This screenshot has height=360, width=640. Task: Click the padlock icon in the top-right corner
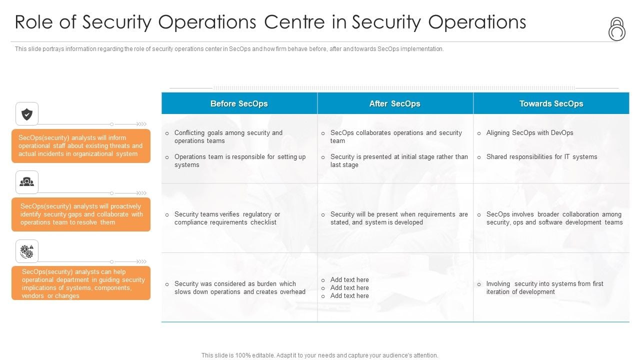coord(616,29)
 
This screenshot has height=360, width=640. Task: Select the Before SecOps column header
coord(239,103)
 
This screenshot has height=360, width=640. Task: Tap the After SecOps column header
coord(394,103)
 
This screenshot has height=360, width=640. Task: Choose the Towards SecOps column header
coord(551,103)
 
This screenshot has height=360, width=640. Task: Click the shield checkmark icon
coord(27,114)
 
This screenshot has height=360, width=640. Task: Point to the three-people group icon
coord(27,182)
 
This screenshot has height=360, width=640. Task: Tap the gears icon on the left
coord(27,251)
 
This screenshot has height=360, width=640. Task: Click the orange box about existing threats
coord(81,146)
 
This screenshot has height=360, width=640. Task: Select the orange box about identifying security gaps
coord(81,214)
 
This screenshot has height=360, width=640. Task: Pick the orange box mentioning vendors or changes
coord(81,283)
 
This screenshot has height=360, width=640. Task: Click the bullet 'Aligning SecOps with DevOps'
coord(529,133)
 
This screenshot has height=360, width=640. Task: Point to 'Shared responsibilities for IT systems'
coord(541,157)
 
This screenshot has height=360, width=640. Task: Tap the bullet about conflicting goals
coord(228,137)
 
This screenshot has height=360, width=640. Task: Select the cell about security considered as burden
coord(239,288)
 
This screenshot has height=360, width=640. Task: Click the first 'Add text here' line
coord(349,280)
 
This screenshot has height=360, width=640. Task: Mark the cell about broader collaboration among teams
coord(554,218)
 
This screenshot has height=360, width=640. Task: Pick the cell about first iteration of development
coord(544,288)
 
